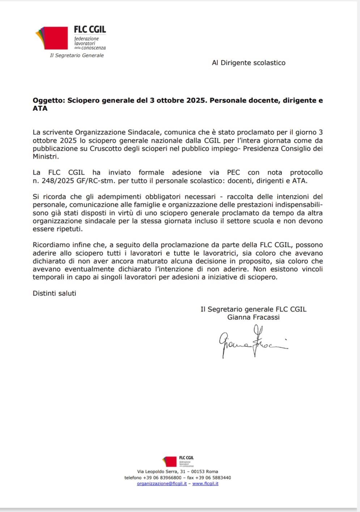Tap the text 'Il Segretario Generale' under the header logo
point(77,55)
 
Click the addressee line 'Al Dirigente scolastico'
point(249,63)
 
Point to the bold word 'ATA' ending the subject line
point(40,108)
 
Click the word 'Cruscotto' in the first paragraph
point(105,148)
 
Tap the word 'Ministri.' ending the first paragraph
point(46,156)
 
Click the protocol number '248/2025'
point(56,180)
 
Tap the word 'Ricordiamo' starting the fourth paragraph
point(51,245)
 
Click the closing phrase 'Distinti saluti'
point(54,293)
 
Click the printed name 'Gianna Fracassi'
point(253,317)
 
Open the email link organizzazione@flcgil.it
point(162,483)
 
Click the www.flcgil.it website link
point(205,483)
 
